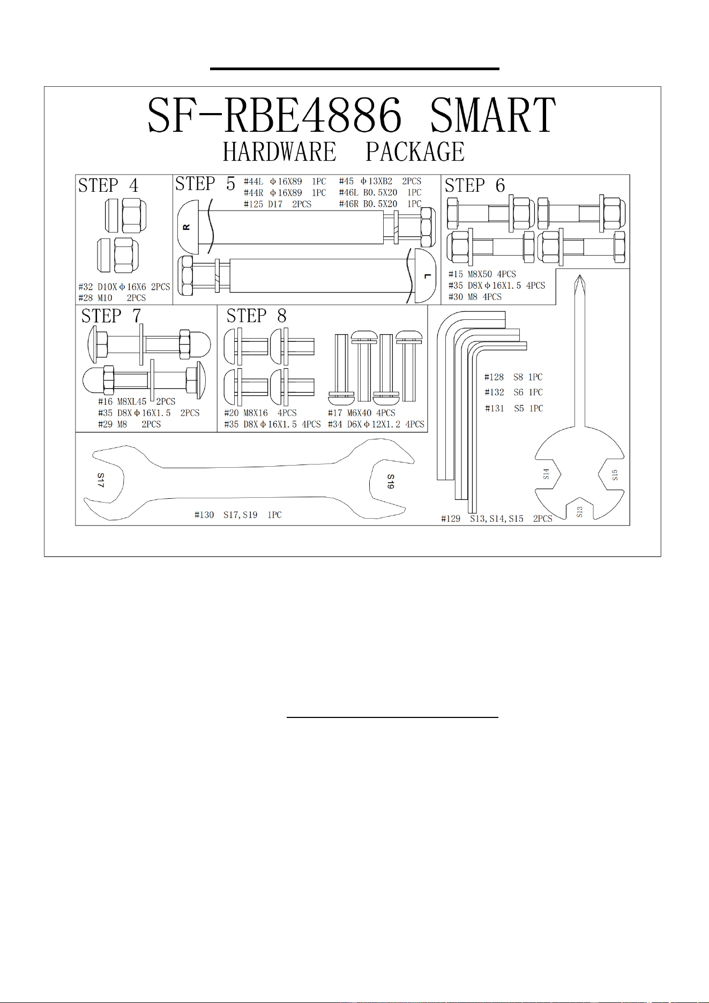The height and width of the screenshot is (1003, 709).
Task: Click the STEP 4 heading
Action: (108, 185)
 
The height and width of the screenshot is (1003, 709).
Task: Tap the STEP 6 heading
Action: (475, 185)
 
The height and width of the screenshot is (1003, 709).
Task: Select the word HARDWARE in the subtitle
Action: (279, 152)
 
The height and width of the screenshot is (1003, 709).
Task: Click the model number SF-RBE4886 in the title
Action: (274, 115)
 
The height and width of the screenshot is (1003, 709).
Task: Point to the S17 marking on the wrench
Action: (101, 480)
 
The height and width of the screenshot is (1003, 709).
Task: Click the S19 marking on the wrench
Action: (391, 481)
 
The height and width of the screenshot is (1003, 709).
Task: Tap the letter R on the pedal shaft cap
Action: (186, 227)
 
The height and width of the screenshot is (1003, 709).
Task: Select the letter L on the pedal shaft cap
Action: (427, 276)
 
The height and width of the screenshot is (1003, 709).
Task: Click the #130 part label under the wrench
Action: (204, 515)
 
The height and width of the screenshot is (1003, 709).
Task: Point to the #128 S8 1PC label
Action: (513, 377)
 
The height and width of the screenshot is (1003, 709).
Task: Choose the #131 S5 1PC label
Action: (514, 408)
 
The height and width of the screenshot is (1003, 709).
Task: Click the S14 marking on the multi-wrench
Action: (546, 474)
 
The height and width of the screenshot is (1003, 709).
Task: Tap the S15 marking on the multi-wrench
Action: (615, 475)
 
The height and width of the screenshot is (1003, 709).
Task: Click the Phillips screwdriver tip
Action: (579, 275)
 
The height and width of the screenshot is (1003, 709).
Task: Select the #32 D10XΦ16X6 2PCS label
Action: (124, 287)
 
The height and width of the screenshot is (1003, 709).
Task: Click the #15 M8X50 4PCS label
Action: (482, 274)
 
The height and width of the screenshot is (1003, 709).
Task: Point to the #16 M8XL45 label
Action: (122, 401)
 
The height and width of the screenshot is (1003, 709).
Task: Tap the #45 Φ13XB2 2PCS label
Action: (380, 181)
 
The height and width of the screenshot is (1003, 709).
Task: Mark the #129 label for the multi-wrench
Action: (451, 519)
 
